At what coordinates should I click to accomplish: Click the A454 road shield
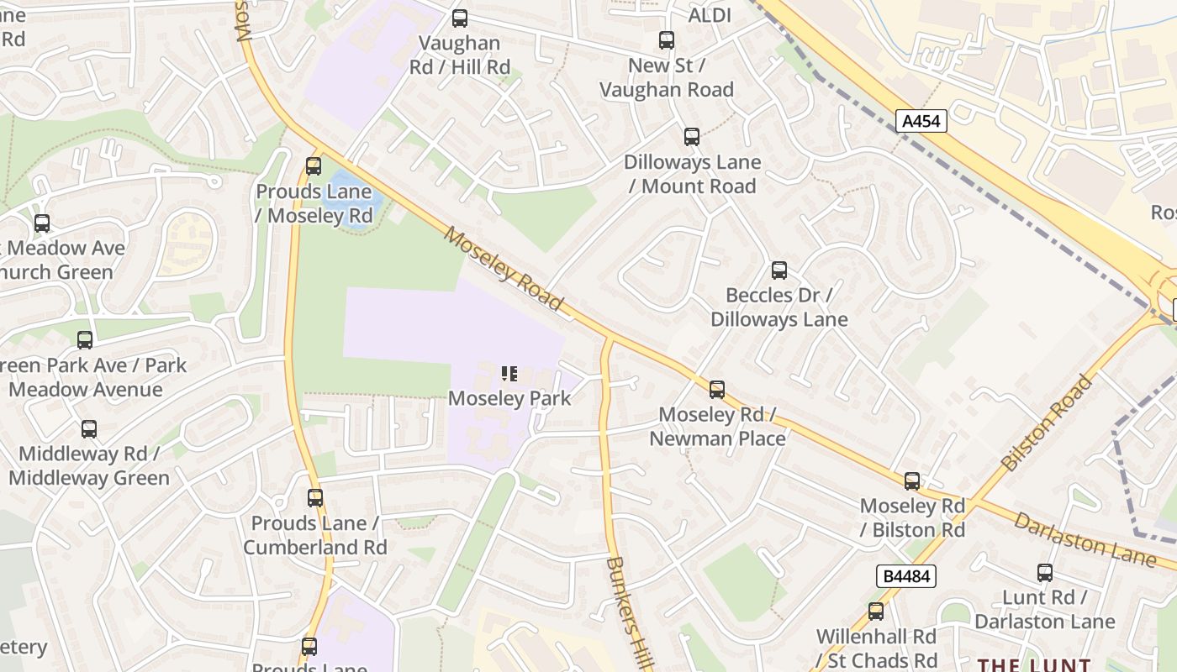point(921,121)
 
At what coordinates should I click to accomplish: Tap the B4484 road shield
point(905,576)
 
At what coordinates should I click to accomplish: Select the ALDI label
point(710,15)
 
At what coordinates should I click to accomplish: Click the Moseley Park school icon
point(509,374)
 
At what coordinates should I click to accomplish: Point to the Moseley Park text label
point(509,398)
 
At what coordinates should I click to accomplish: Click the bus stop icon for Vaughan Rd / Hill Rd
point(459,18)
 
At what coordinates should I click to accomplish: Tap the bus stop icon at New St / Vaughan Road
point(667,40)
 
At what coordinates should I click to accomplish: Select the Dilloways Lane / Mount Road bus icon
point(692,137)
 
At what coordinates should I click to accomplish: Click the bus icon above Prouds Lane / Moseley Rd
point(314,166)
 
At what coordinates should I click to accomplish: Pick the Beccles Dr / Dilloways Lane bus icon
point(779,270)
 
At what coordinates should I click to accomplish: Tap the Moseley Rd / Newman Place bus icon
point(717,390)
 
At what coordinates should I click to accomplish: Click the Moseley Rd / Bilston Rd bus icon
point(912,481)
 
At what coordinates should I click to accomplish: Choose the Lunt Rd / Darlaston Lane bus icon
point(1045,573)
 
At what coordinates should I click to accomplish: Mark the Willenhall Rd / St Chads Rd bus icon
point(876,612)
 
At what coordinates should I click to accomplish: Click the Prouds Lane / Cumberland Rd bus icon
point(315,498)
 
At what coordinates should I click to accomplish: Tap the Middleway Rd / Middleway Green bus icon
point(89,429)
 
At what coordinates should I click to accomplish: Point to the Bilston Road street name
point(1048,423)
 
